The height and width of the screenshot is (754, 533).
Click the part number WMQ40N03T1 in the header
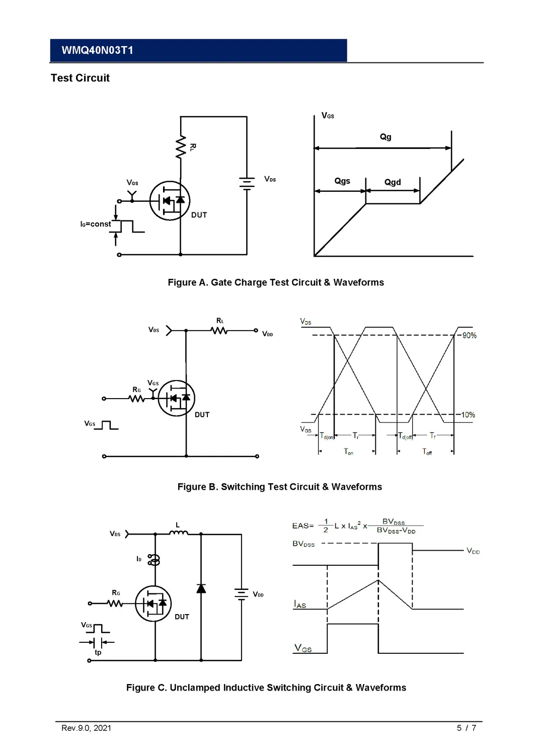(97, 50)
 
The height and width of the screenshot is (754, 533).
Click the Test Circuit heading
(80, 78)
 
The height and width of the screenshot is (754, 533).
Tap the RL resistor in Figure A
(181, 147)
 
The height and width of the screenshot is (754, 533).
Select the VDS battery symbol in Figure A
(247, 183)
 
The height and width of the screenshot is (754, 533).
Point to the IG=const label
(96, 224)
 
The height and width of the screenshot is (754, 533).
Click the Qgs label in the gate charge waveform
(342, 181)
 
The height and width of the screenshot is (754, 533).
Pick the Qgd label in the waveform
(393, 182)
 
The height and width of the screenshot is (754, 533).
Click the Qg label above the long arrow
(386, 137)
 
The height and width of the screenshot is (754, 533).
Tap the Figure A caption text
(276, 282)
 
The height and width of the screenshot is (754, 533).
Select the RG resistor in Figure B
(136, 399)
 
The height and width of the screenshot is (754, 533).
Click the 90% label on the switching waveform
(469, 336)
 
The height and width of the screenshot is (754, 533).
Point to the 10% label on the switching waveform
(468, 415)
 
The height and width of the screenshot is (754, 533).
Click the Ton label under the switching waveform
(348, 452)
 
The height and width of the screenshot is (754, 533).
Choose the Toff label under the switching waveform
(427, 452)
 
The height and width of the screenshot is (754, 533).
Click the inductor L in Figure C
(178, 533)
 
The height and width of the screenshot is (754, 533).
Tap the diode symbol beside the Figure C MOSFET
(201, 588)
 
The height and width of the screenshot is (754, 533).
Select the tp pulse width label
(98, 652)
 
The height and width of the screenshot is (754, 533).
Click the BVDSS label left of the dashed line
(303, 544)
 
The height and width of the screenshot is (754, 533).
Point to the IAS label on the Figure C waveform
(300, 605)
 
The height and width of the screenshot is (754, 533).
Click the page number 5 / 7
(466, 728)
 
